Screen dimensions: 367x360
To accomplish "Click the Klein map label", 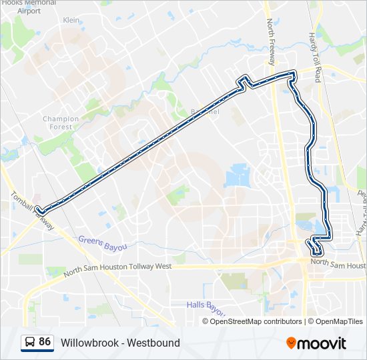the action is coord(71,21).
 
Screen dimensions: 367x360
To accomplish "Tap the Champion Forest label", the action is coord(61,123).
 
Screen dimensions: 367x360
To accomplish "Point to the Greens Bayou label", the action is coord(102,243).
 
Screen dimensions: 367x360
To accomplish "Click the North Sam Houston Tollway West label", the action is coord(117,269).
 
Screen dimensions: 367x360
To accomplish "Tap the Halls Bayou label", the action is coord(206,307).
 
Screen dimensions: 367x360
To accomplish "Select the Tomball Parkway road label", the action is coord(32,211).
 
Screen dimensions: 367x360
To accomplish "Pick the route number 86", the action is coord(45,342).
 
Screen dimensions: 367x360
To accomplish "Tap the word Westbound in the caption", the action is coord(155,343).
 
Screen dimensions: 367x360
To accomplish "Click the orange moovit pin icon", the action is coord(292,343).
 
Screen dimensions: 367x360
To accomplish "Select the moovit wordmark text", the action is coord(323,343).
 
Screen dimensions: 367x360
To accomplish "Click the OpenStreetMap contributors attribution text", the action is coord(256,321).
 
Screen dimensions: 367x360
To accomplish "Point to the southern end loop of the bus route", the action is coord(315,249).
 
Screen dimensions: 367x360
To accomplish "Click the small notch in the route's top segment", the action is coord(245,83).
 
